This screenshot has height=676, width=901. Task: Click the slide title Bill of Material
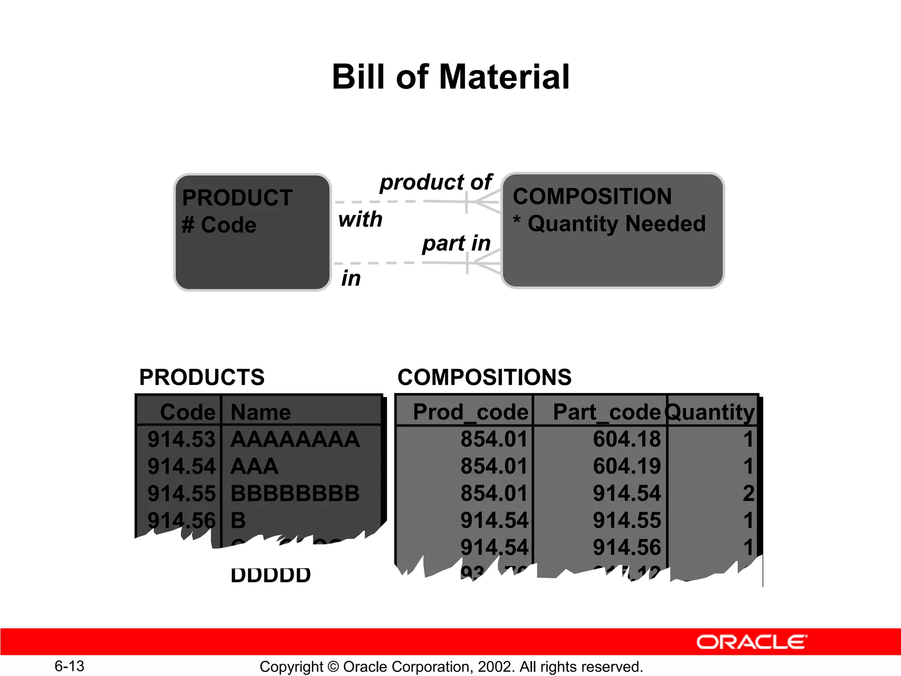pyautogui.click(x=450, y=77)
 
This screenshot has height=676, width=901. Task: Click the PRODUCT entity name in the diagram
pyautogui.click(x=237, y=198)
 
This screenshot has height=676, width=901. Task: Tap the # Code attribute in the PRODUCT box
pyautogui.click(x=219, y=225)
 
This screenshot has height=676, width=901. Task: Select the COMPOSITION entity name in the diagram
pyautogui.click(x=592, y=196)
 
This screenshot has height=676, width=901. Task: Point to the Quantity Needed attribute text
pyautogui.click(x=616, y=224)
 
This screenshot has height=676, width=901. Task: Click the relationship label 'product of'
pyautogui.click(x=436, y=182)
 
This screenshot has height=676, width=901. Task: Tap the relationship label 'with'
pyautogui.click(x=360, y=219)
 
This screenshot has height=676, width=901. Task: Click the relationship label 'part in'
pyautogui.click(x=456, y=243)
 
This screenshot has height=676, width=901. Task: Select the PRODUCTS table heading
pyautogui.click(x=202, y=377)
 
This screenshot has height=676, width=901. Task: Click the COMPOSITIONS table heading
pyautogui.click(x=484, y=377)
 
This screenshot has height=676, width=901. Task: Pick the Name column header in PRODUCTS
pyautogui.click(x=260, y=412)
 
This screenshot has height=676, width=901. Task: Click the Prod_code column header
pyautogui.click(x=470, y=412)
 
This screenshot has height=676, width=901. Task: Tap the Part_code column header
pyautogui.click(x=607, y=412)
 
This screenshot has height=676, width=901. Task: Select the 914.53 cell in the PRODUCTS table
pyautogui.click(x=181, y=439)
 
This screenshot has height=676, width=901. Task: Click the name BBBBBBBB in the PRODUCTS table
pyautogui.click(x=295, y=493)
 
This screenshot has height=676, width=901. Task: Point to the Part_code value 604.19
pyautogui.click(x=626, y=466)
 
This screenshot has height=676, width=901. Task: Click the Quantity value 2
pyautogui.click(x=748, y=493)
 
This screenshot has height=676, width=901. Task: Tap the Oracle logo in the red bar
pyautogui.click(x=751, y=642)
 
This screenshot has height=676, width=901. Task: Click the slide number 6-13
pyautogui.click(x=70, y=666)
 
